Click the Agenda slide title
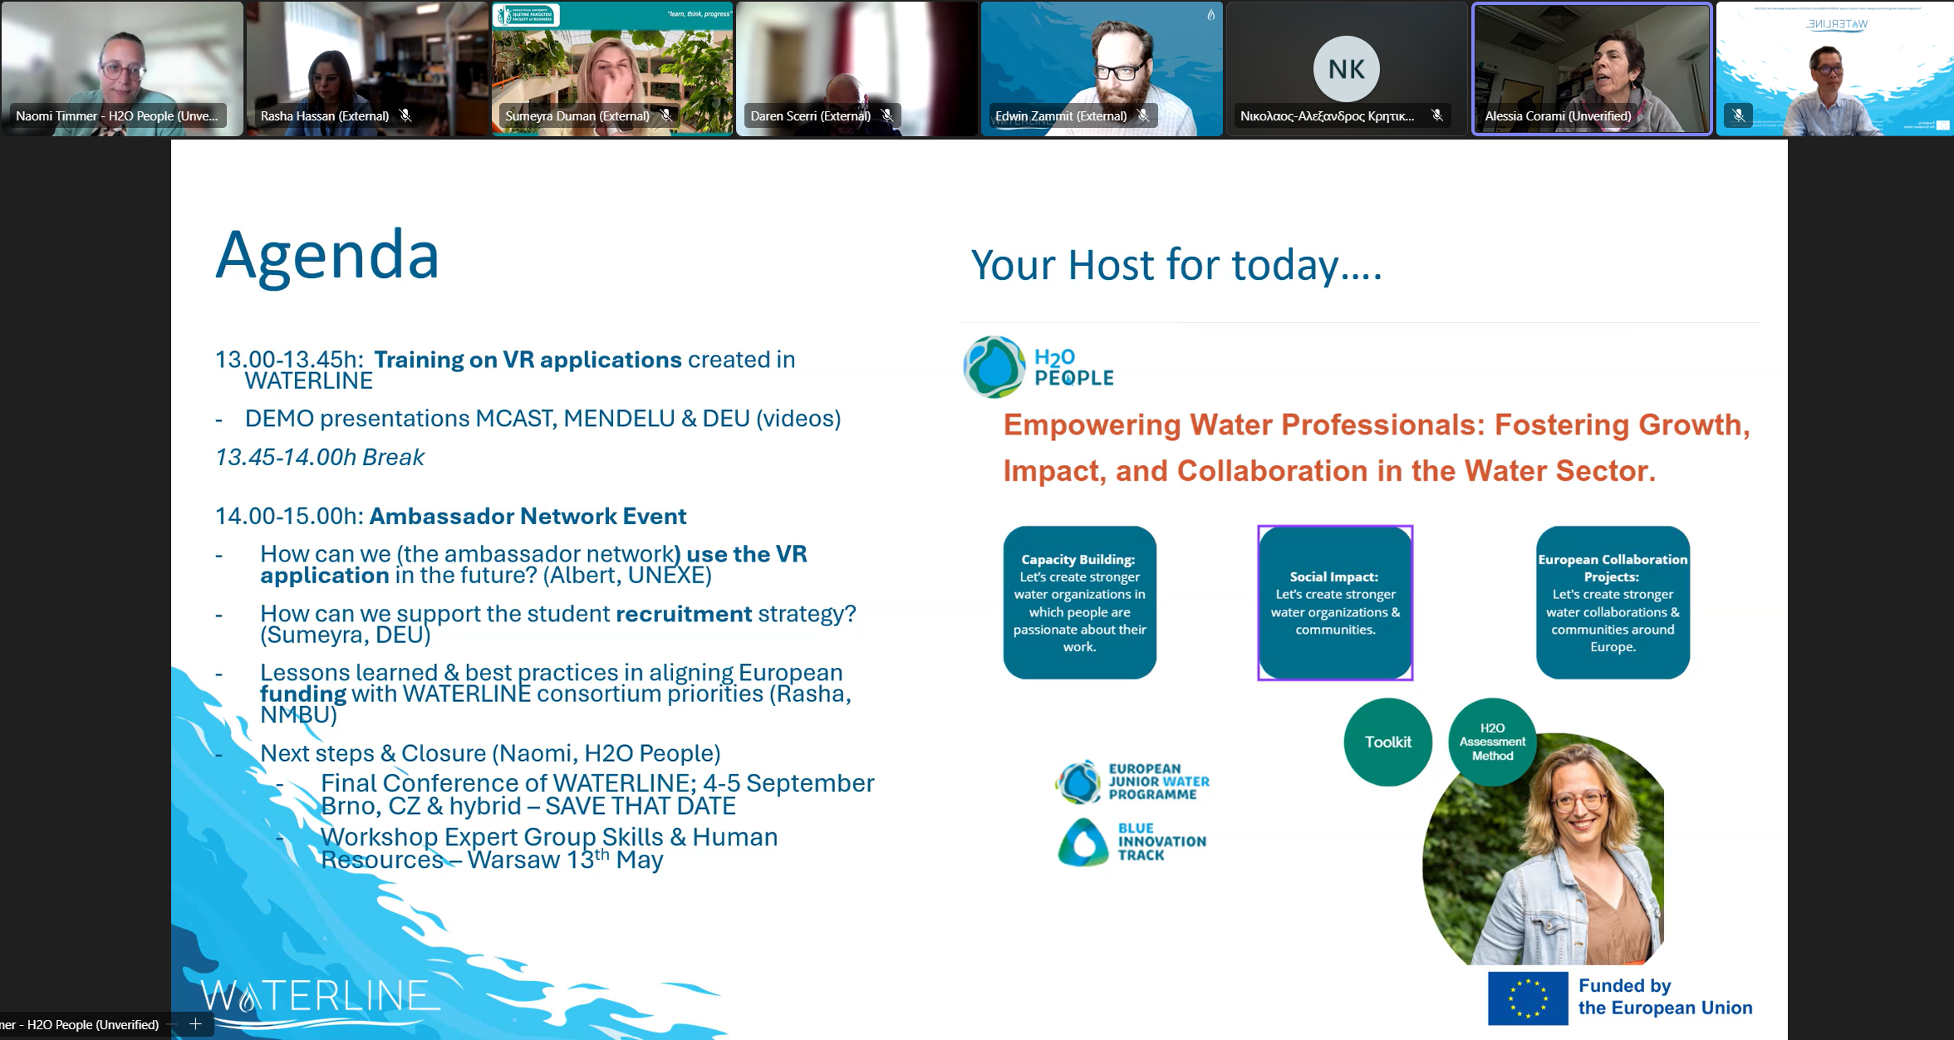(327, 256)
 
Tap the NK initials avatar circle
(1346, 69)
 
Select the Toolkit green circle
(1388, 742)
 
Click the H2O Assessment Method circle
(1492, 742)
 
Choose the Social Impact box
(1335, 603)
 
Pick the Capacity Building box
(1079, 603)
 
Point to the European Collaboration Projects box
(1613, 603)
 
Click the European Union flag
(1528, 998)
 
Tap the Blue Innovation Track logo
(1132, 841)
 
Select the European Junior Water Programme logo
(1132, 782)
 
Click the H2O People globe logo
(994, 366)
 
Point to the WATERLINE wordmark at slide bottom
(320, 996)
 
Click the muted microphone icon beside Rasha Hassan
(405, 115)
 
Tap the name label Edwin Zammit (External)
(1061, 116)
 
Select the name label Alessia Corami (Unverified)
(1558, 116)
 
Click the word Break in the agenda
(393, 458)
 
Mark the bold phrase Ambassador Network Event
(528, 517)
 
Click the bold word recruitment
(684, 614)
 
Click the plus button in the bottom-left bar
(195, 1024)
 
